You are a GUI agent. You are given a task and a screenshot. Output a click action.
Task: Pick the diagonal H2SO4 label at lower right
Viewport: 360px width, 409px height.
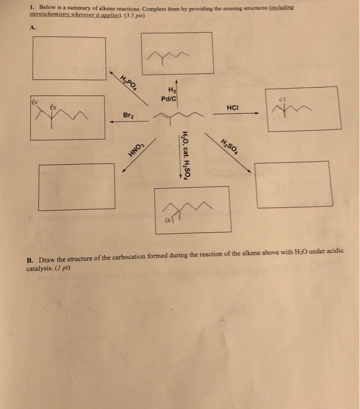[x=229, y=149]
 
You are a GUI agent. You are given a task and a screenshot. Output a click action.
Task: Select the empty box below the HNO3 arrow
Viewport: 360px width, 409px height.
[x=76, y=185]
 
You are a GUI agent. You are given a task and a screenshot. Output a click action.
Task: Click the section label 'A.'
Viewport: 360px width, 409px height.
[x=31, y=26]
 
